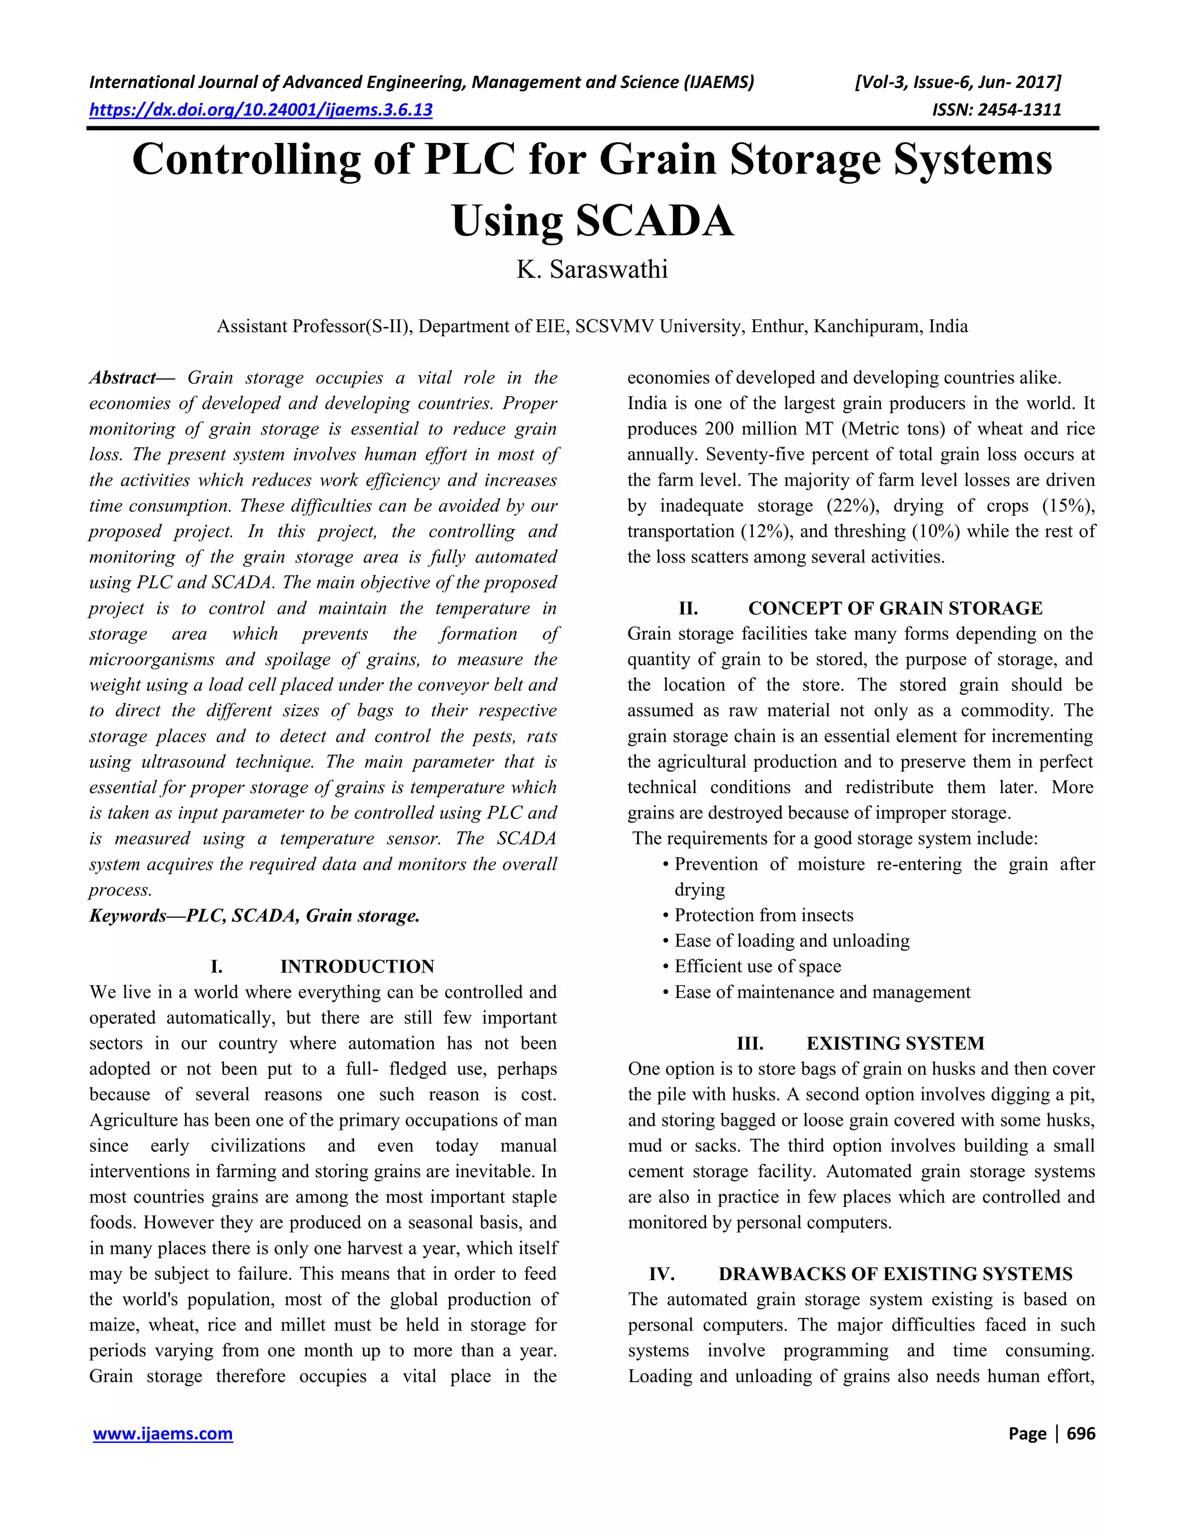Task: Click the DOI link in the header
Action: click(x=260, y=109)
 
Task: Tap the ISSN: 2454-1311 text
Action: click(x=996, y=109)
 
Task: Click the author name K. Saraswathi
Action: click(x=592, y=270)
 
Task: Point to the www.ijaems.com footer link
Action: click(x=163, y=1433)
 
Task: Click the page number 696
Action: click(x=1080, y=1433)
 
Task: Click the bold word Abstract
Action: click(x=122, y=378)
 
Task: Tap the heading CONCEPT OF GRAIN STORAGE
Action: click(x=895, y=608)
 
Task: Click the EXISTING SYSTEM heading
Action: click(x=895, y=1043)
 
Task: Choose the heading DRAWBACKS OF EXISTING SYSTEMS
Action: click(x=895, y=1274)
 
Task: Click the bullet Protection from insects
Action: click(x=764, y=915)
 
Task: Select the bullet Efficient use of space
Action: click(x=757, y=967)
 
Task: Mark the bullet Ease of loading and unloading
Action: click(x=792, y=941)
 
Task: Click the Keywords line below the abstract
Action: click(x=254, y=915)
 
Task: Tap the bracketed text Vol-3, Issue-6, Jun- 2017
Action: click(x=958, y=83)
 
